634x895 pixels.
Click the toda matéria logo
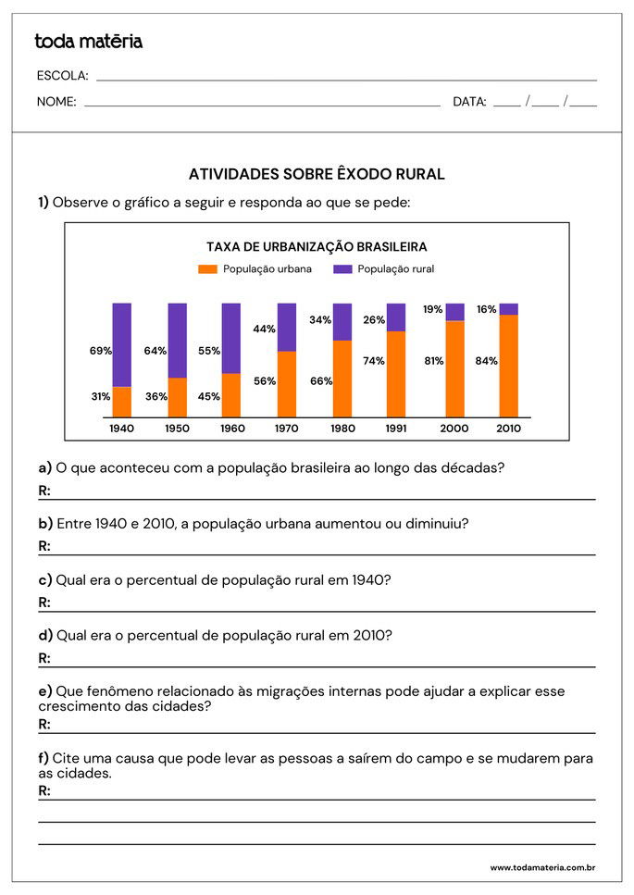[x=88, y=42]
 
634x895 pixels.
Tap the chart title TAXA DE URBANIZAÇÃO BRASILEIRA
[x=316, y=247]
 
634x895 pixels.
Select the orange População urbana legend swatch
[x=207, y=269]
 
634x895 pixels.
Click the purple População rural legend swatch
[x=342, y=269]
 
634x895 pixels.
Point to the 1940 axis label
[x=121, y=429]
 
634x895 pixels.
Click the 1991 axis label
[x=396, y=429]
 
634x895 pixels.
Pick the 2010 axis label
[x=508, y=429]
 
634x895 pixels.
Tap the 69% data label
[x=101, y=351]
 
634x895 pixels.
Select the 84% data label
[x=487, y=361]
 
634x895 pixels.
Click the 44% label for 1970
[x=265, y=329]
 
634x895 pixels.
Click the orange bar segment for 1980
[x=342, y=379]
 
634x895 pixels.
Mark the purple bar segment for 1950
[x=177, y=340]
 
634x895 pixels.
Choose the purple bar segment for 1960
[x=231, y=338]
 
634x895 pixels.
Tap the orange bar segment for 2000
[x=454, y=368]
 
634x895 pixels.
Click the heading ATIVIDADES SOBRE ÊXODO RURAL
[x=317, y=174]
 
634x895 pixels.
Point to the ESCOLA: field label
[x=62, y=76]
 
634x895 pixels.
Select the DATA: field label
[x=469, y=102]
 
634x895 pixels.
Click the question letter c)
[x=45, y=580]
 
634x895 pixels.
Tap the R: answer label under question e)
[x=44, y=724]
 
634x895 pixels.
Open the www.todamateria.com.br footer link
[x=542, y=868]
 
